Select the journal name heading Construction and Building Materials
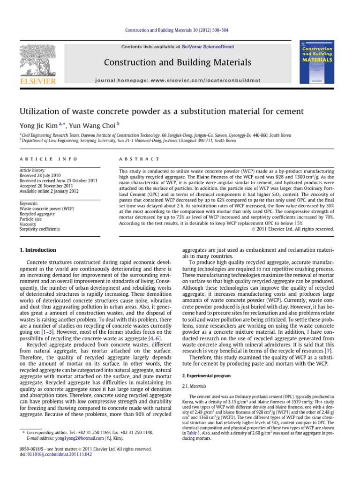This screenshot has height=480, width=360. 177,62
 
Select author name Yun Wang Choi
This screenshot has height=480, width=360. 97,126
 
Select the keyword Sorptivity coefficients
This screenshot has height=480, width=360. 39,229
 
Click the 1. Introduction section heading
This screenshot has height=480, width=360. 37,250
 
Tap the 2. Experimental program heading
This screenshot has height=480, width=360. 210,376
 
